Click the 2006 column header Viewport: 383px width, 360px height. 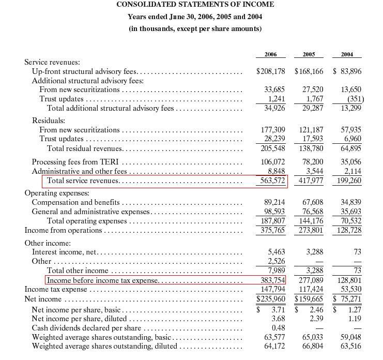pyautogui.click(x=270, y=54)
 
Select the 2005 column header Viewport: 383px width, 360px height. pyautogui.click(x=309, y=54)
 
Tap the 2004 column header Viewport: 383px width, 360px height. pyautogui.click(x=348, y=54)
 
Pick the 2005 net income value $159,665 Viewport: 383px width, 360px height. pyautogui.click(x=309, y=299)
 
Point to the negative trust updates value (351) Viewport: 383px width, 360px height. pyautogui.click(x=353, y=99)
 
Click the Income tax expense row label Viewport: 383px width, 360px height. pyautogui.click(x=56, y=290)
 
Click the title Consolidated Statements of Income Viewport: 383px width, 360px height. pyautogui.click(x=195, y=5)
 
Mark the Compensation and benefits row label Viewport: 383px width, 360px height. pyautogui.click(x=76, y=202)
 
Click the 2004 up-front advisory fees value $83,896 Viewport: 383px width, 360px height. pyautogui.click(x=347, y=71)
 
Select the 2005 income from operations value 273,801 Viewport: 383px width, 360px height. pyautogui.click(x=310, y=231)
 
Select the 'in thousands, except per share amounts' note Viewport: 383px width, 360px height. pyautogui.click(x=195, y=28)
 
